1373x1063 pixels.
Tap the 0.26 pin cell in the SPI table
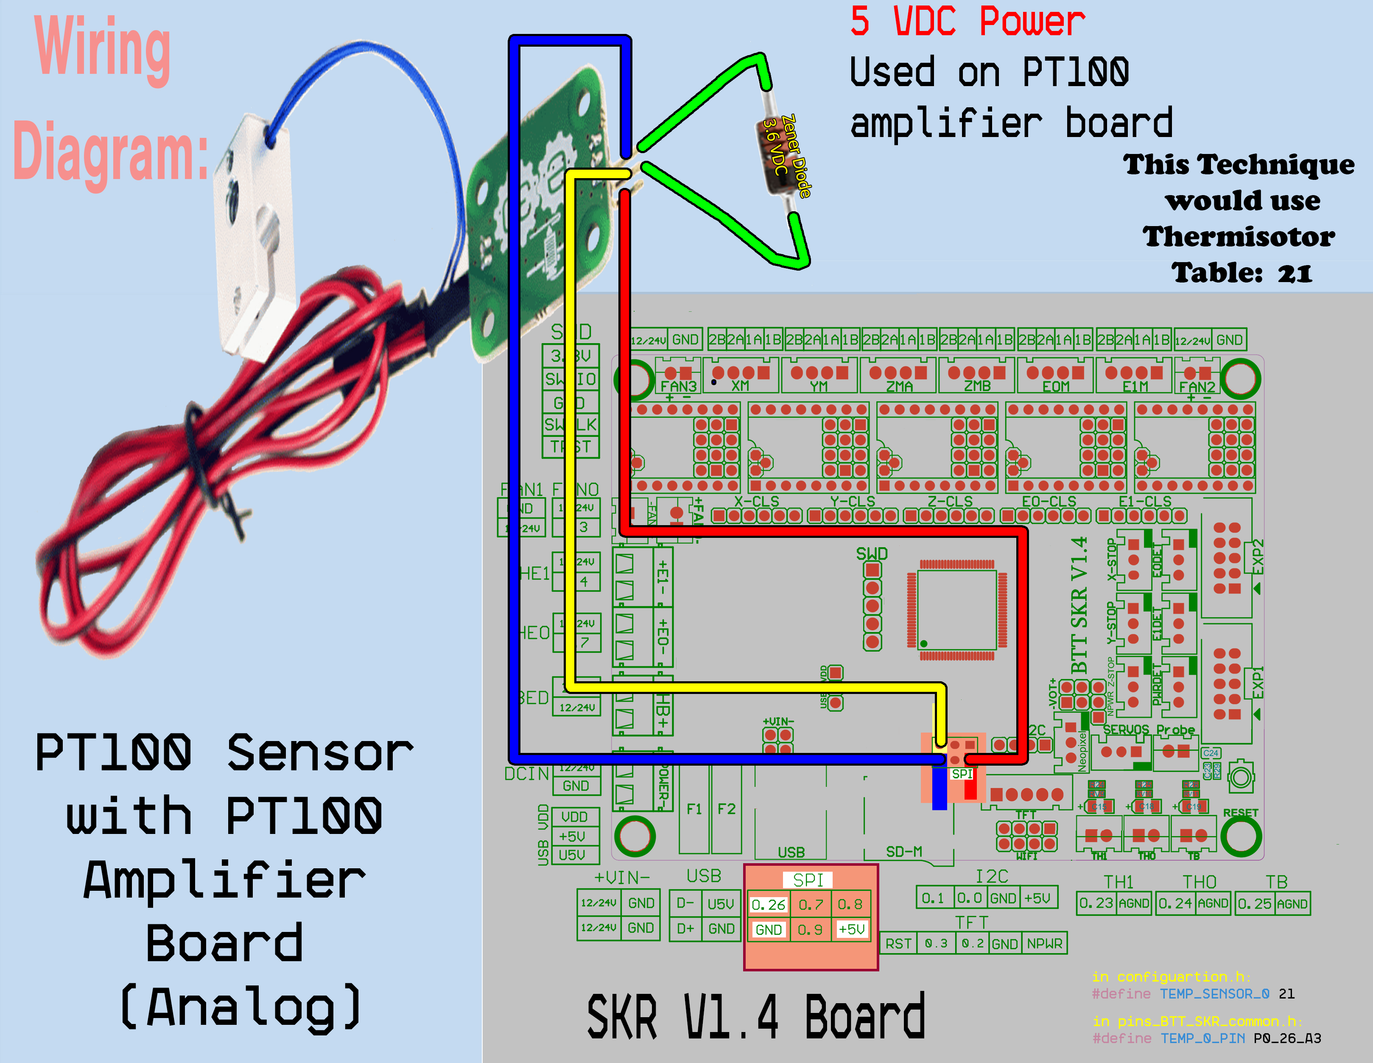click(768, 905)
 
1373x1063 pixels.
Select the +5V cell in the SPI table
click(851, 929)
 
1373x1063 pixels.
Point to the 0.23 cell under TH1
click(1096, 904)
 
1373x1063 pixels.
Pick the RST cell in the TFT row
click(898, 943)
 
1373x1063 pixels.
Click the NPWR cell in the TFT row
click(1044, 943)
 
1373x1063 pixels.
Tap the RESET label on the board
click(1240, 813)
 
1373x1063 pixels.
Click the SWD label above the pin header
click(872, 554)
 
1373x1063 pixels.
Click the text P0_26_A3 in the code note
click(1287, 1038)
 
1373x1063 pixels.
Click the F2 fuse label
click(726, 809)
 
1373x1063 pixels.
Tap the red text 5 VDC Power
click(967, 21)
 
